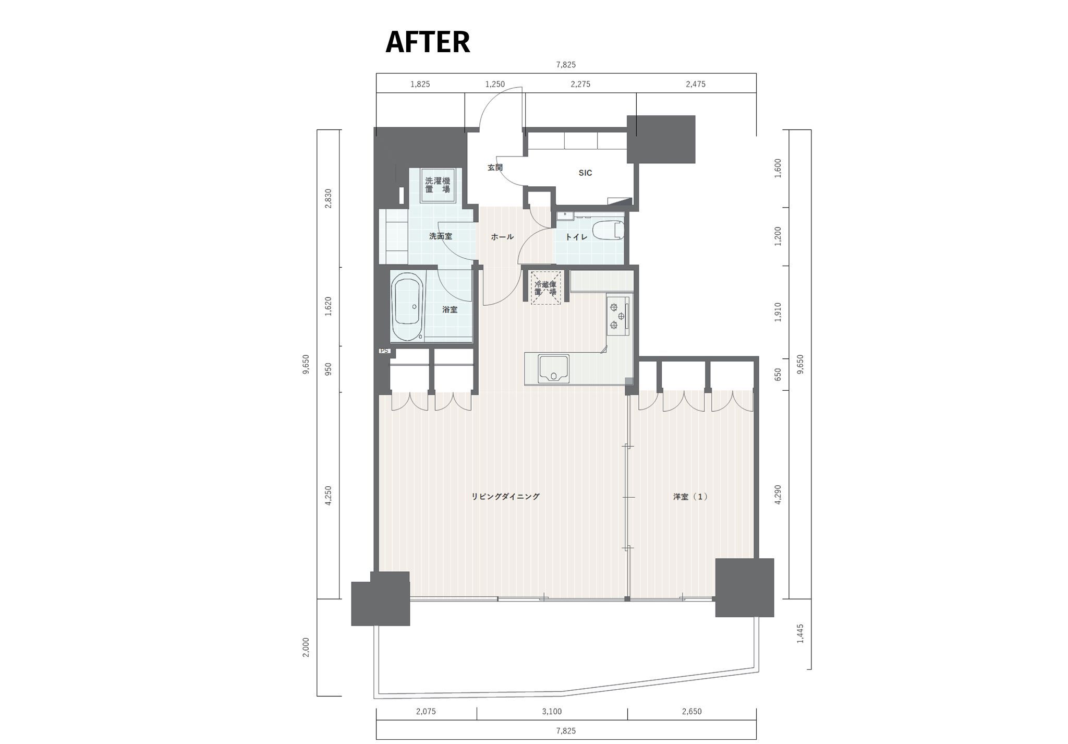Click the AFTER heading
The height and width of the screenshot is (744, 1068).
(x=428, y=42)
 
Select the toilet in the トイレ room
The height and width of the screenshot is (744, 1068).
(x=609, y=230)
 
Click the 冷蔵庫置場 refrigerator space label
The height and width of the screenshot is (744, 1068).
(x=545, y=288)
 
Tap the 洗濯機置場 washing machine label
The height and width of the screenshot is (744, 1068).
(x=438, y=185)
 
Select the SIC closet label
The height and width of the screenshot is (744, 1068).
(x=585, y=173)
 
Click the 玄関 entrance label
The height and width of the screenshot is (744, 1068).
(x=495, y=167)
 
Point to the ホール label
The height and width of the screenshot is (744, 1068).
(x=502, y=237)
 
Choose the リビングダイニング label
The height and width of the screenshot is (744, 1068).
(x=505, y=497)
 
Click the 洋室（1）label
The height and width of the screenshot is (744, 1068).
(x=690, y=497)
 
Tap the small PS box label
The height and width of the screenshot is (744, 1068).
(x=384, y=351)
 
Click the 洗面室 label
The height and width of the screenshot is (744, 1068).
(x=440, y=236)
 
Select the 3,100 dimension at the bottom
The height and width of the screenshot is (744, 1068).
(x=552, y=711)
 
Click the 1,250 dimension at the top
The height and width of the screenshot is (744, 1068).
(x=495, y=84)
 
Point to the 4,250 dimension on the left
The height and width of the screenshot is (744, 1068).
(x=328, y=496)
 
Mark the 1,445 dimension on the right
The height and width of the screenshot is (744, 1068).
(x=800, y=633)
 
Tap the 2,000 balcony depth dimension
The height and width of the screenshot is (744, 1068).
(x=306, y=647)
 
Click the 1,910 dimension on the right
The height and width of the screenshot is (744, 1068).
(x=778, y=312)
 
